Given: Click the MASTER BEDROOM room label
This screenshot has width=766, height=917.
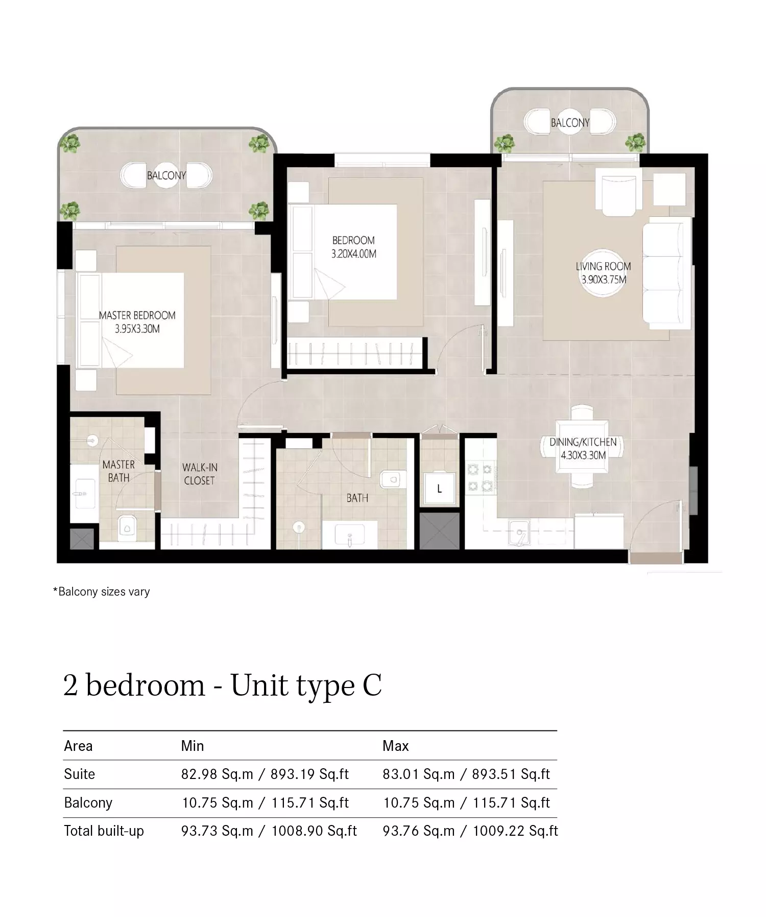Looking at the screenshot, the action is pyautogui.click(x=137, y=322).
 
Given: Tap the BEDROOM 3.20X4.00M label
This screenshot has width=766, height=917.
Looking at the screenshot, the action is pyautogui.click(x=353, y=247).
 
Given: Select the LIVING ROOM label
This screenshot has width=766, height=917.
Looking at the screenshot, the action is pyautogui.click(x=603, y=273).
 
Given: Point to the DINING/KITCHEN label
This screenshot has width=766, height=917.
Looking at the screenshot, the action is pyautogui.click(x=583, y=449).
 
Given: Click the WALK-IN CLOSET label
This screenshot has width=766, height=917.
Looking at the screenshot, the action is pyautogui.click(x=200, y=474).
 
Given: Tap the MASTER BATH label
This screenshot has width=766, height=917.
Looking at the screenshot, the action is pyautogui.click(x=118, y=471).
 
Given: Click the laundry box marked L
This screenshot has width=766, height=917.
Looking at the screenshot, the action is pyautogui.click(x=439, y=489).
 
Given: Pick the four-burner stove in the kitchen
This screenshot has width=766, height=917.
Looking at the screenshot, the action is pyautogui.click(x=480, y=476).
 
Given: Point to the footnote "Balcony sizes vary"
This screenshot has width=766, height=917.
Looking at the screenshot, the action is pyautogui.click(x=102, y=591).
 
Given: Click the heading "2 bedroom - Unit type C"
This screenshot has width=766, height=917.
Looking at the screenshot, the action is pyautogui.click(x=223, y=685).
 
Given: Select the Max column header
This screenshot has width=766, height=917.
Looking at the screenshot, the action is pyautogui.click(x=396, y=746).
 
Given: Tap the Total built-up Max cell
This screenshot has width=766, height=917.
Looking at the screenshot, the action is pyautogui.click(x=470, y=831).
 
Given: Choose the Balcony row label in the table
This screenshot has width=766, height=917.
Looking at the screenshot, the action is pyautogui.click(x=88, y=803).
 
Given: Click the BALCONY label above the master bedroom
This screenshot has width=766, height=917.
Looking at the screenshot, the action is pyautogui.click(x=166, y=175).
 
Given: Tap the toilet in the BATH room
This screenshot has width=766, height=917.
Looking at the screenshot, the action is pyautogui.click(x=392, y=479).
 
